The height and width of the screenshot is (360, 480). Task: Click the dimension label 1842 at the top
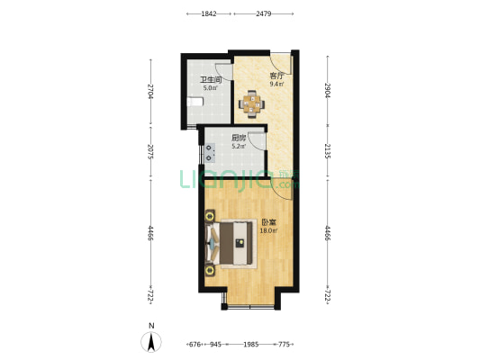[x=209, y=13]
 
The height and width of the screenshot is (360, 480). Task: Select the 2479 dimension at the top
[x=264, y=13]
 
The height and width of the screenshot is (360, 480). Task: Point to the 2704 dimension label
[x=150, y=91]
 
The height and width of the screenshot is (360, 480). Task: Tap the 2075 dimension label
[x=150, y=152]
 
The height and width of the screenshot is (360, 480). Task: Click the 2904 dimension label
[x=327, y=90]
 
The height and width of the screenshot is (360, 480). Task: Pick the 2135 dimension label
[x=327, y=151]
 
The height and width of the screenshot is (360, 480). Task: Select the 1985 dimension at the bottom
[x=251, y=345]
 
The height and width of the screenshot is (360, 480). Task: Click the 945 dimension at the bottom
[x=215, y=345]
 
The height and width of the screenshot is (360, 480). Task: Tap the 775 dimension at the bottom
[x=284, y=345]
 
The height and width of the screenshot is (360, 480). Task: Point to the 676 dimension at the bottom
[x=195, y=345]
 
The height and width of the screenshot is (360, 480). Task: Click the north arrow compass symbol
[x=151, y=342]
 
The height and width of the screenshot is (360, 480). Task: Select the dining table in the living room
[x=251, y=104]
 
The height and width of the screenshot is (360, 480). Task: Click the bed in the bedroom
[x=231, y=244]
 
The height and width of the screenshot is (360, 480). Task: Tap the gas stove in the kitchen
[x=209, y=153]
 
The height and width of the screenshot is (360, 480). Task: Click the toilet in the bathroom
[x=195, y=102]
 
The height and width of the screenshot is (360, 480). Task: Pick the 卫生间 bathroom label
[x=211, y=80]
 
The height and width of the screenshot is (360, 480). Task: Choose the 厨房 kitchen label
[x=239, y=138]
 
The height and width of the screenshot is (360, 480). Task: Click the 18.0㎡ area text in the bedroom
[x=268, y=231]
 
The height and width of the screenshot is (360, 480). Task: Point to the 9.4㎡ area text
[x=276, y=84]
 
